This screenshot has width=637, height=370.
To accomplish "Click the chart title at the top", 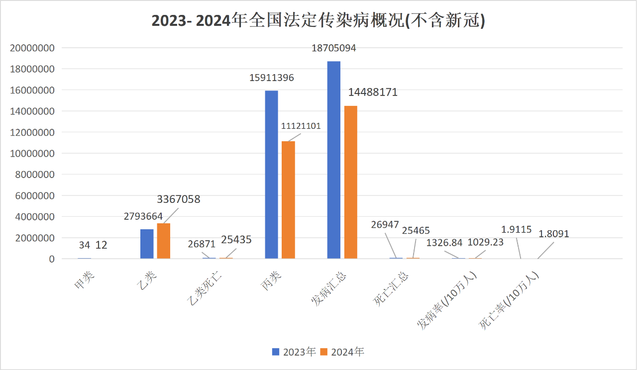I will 318,21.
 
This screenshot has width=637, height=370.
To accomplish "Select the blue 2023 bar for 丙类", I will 271,174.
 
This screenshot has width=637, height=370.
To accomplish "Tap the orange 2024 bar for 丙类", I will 288,199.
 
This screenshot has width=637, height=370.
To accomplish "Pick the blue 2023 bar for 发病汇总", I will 334,159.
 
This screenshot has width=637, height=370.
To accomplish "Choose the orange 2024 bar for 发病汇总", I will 350,182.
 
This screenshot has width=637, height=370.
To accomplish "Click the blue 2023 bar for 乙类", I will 147,244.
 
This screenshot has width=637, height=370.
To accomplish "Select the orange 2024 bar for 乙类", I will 164,241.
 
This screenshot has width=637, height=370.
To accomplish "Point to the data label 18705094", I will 334,48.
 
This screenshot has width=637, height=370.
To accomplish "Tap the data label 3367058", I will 179,199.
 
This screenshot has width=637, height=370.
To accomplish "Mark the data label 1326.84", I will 444,243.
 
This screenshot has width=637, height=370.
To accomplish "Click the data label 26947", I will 385,224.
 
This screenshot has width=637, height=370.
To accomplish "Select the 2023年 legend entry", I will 294,352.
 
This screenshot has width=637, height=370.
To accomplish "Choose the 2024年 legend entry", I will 342,352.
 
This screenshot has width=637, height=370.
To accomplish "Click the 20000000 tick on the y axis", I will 31,48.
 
